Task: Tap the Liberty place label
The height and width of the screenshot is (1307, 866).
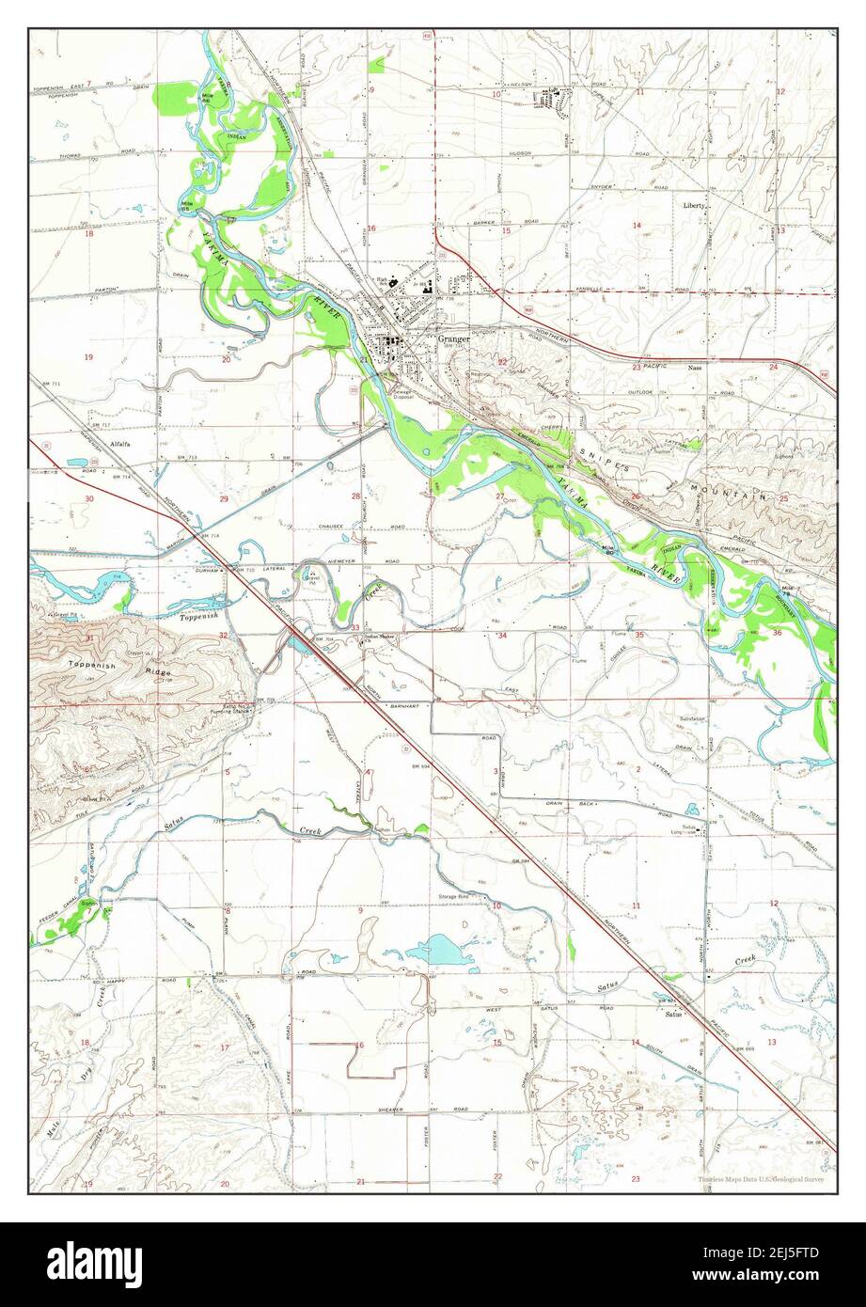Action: (695, 204)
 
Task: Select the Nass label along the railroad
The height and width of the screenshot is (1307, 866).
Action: (695, 368)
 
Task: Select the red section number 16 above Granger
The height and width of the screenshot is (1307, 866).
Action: (371, 228)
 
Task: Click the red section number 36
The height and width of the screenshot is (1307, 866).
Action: (777, 633)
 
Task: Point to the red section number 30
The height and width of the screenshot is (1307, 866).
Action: (88, 498)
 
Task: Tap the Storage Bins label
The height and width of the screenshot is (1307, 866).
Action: (453, 897)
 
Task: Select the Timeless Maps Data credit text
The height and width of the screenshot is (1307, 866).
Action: (761, 1179)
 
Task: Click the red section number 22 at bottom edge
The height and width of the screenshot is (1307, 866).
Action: (497, 1176)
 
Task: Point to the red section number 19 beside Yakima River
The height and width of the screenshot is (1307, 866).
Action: (89, 357)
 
